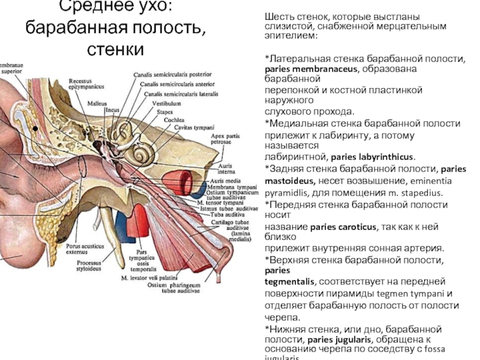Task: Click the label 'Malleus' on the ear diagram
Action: [x=97, y=104]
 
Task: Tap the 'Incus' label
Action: [x=113, y=110]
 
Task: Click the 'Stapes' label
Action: [x=165, y=111]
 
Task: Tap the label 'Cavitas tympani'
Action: [x=191, y=127]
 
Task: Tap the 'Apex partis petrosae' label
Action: [x=223, y=140]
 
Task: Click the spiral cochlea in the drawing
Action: [x=143, y=154]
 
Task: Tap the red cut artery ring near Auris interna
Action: [x=181, y=179]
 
